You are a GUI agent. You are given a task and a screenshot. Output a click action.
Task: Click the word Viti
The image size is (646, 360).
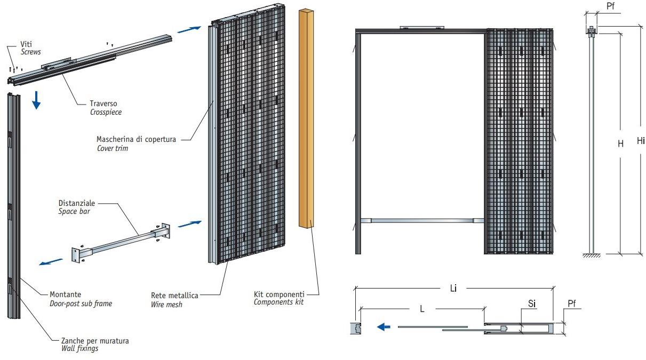click(26, 44)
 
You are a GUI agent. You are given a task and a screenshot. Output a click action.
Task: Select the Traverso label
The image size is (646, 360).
click(103, 103)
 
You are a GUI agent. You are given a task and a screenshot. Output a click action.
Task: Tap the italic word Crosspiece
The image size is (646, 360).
click(106, 112)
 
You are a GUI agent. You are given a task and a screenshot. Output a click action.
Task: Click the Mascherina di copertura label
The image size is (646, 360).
click(136, 139)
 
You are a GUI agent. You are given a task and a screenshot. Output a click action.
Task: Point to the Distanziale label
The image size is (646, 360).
click(77, 203)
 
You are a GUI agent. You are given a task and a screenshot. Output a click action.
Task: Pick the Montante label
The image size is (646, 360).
click(66, 294)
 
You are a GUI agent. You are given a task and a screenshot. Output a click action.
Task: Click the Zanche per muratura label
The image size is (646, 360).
click(95, 341)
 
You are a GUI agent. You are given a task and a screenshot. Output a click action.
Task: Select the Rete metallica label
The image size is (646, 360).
click(174, 295)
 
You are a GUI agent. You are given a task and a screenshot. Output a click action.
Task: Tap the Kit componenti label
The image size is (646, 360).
click(279, 294)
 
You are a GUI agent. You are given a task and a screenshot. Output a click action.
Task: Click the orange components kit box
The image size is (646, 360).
click(306, 118)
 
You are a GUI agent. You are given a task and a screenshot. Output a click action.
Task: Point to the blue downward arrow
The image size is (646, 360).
click(36, 100)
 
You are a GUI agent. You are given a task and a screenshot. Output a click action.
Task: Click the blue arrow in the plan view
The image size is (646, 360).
click(384, 327)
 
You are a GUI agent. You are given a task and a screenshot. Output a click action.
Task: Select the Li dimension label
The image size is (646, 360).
click(453, 288)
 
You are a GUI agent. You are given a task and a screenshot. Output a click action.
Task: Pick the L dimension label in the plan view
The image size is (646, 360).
click(422, 309)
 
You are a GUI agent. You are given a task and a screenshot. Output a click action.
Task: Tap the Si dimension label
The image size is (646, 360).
click(532, 303)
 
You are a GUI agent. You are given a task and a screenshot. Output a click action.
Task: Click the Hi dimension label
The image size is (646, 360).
click(641, 141)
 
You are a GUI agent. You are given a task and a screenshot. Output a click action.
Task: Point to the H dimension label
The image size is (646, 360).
click(620, 143)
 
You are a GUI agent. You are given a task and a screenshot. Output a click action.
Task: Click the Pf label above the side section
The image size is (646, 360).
click(611, 6)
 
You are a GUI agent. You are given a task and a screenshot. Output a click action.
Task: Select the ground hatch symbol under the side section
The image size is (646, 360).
click(592, 255)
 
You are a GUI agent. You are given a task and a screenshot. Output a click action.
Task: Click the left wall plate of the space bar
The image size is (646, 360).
click(75, 254)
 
